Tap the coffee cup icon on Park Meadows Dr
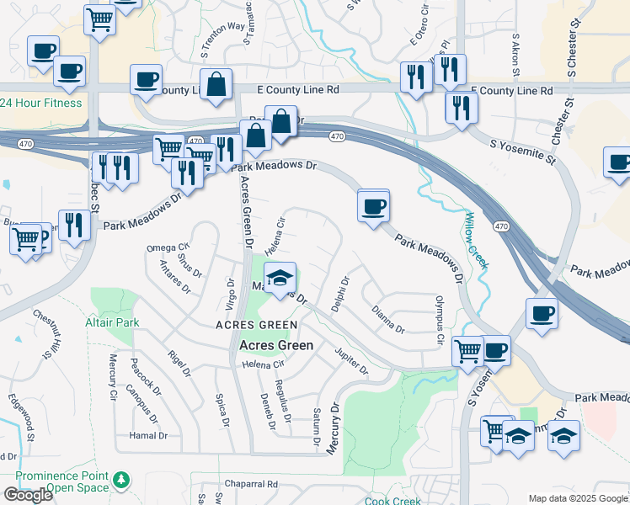point(373,205)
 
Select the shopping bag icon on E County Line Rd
point(217,84)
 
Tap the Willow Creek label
point(475,241)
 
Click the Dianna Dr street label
point(388,319)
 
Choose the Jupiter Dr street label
point(351,361)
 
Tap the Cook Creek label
point(392,501)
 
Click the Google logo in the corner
point(28,495)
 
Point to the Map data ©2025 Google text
point(578,498)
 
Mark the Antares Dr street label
point(175,274)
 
